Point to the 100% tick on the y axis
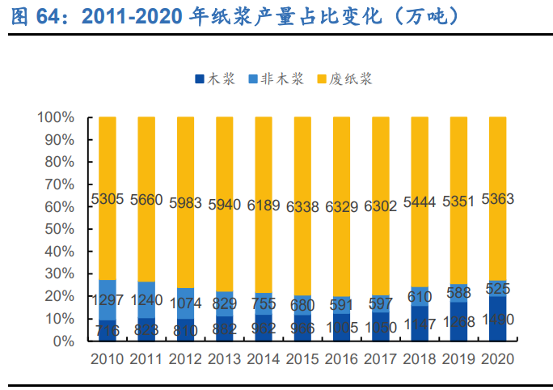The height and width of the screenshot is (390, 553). click(x=56, y=117)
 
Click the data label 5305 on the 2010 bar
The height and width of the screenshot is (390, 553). click(x=108, y=199)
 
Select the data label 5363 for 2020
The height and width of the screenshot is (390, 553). click(x=498, y=199)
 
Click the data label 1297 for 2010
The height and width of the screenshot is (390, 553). click(x=108, y=301)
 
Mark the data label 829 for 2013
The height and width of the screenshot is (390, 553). click(x=225, y=304)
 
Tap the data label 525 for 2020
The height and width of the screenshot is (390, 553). click(x=498, y=288)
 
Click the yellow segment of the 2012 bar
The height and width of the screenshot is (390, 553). click(x=185, y=162)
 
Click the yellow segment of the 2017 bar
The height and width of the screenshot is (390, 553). click(x=381, y=162)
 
